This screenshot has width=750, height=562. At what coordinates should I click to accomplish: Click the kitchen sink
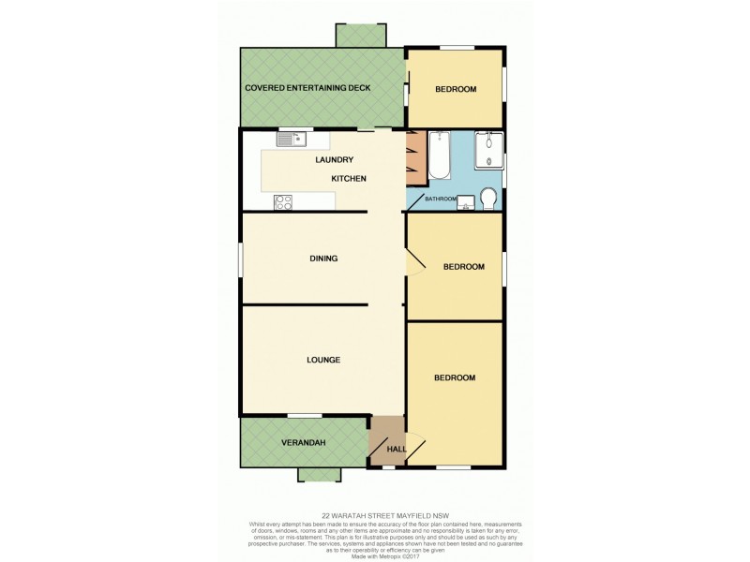[x=292, y=140]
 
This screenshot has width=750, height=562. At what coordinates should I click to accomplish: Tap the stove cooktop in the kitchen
[x=284, y=200]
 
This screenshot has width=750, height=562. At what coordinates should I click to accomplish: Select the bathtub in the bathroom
[x=440, y=155]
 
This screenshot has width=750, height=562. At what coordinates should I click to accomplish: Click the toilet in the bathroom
[x=487, y=197]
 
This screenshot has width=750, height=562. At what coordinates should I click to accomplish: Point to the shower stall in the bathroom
[x=487, y=151]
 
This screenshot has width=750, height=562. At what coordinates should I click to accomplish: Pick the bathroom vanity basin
[x=465, y=203]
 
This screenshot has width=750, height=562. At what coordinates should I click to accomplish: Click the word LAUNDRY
[x=334, y=160]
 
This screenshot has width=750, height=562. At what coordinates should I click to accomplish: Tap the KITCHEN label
[x=348, y=178]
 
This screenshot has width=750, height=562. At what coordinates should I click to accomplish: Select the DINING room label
[x=323, y=259]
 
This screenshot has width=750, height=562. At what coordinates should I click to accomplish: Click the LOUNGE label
[x=322, y=360]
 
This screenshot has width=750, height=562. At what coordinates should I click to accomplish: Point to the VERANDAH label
[x=303, y=442]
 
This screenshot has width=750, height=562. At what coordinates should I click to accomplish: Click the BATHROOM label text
[x=441, y=199]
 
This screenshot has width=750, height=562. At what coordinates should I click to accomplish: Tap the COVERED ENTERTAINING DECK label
[x=307, y=88]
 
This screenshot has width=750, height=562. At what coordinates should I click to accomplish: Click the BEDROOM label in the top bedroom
[x=456, y=89]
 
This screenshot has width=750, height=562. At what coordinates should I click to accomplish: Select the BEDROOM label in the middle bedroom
[x=463, y=267]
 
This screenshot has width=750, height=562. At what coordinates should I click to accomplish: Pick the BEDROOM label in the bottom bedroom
[x=455, y=377]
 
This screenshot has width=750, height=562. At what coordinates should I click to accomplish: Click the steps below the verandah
[x=320, y=474]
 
